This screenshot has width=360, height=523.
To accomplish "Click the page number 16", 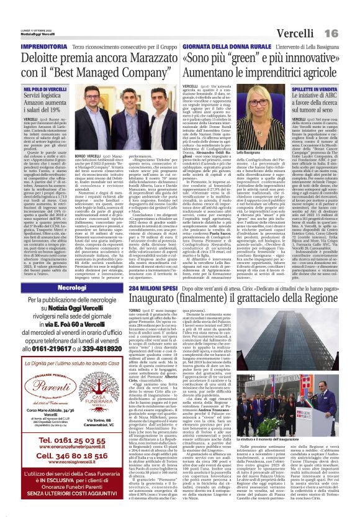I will (348, 32).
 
